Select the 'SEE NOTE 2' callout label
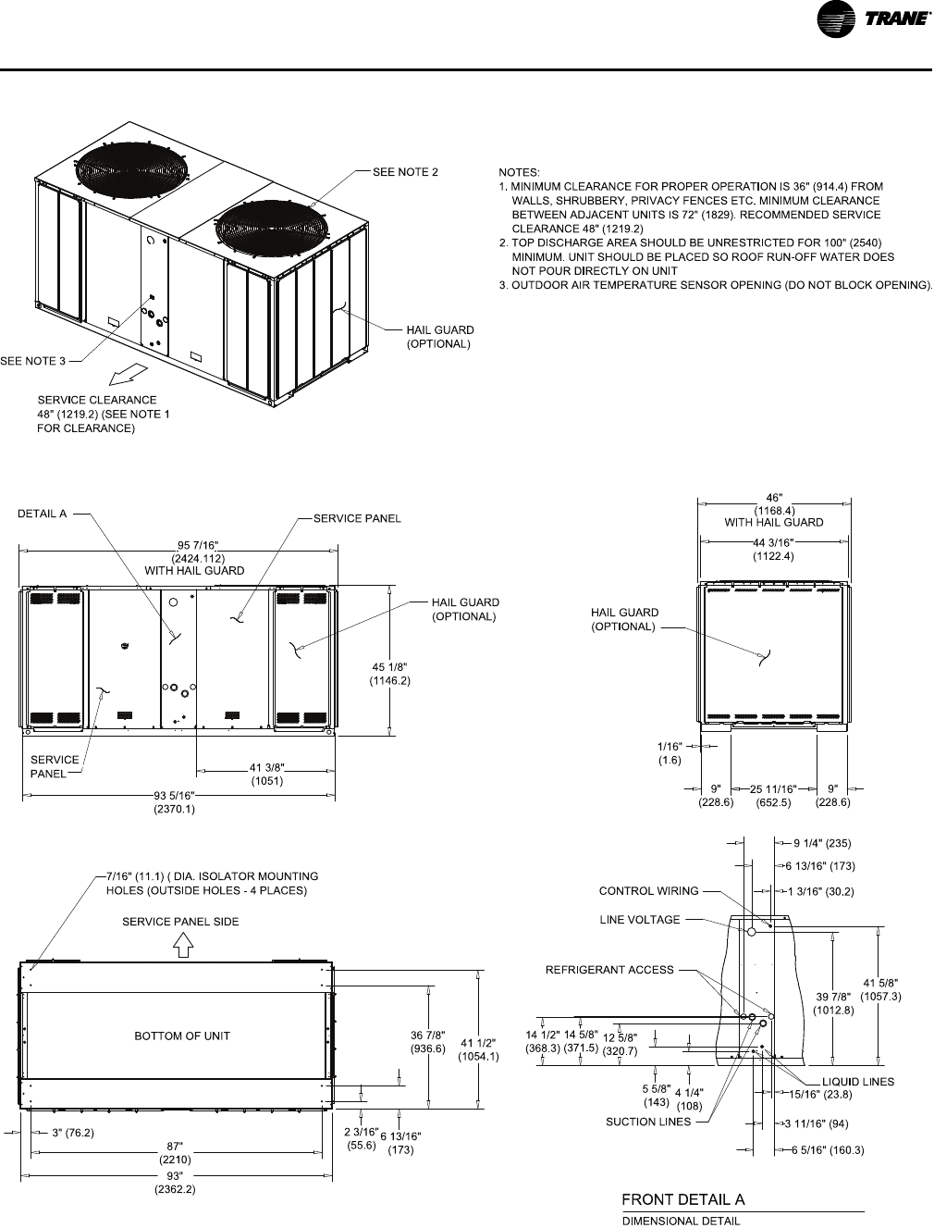click(x=405, y=171)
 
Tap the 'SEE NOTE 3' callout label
click(x=33, y=360)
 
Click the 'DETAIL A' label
click(x=43, y=515)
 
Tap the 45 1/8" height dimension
click(x=390, y=666)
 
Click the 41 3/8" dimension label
click(x=266, y=767)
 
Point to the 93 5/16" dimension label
click(x=174, y=795)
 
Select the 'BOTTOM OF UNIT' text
click(x=182, y=1036)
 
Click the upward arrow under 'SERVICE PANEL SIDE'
click(x=183, y=943)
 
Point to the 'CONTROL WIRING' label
click(x=649, y=891)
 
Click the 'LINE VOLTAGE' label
click(x=639, y=919)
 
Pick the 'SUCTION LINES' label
click(x=648, y=1122)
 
